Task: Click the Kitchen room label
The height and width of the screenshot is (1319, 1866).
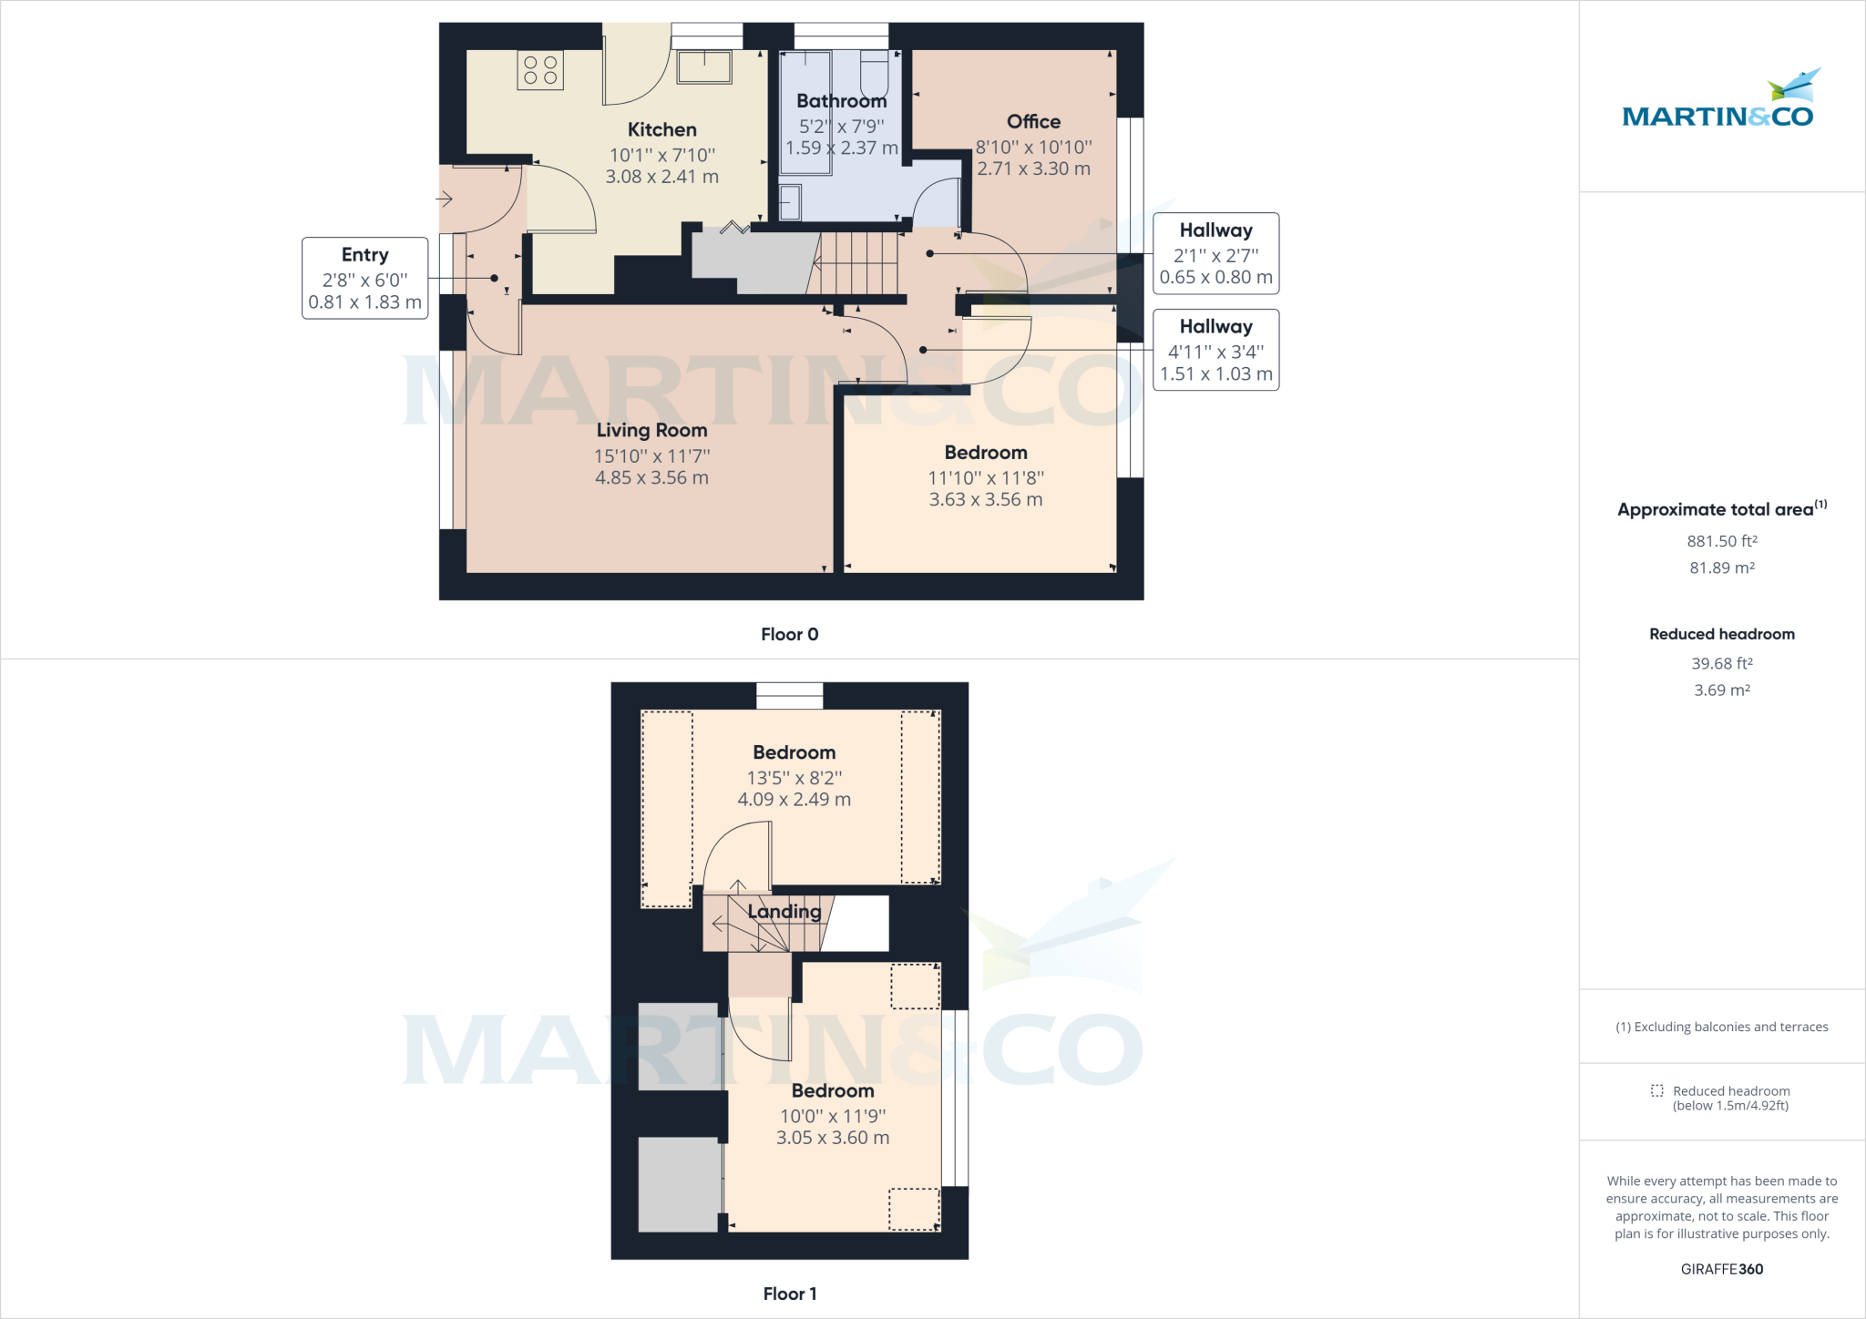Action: point(662,129)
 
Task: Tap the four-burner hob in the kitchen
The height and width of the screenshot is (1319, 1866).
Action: point(540,70)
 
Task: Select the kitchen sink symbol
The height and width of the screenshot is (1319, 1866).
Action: point(704,66)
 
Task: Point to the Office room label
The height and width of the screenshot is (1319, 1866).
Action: point(1033,121)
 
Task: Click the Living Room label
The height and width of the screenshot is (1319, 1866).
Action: point(651,430)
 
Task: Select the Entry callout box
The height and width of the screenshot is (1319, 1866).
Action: point(364,278)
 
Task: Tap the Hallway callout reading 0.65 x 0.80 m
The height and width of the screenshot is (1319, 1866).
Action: point(1215,253)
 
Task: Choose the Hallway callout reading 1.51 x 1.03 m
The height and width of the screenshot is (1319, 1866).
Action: point(1215,350)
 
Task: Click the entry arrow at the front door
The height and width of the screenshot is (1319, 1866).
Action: point(445,198)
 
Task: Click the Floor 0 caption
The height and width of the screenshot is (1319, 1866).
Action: point(790,634)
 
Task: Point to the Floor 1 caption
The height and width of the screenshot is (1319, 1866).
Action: point(790,1293)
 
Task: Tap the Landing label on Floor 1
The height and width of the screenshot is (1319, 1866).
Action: point(784,911)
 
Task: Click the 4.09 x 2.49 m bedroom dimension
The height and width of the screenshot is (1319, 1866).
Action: point(794,799)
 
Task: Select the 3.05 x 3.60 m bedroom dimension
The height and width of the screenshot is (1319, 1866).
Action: point(833,1137)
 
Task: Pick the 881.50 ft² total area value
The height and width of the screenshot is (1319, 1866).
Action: point(1722,541)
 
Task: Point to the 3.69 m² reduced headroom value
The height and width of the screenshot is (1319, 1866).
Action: point(1722,690)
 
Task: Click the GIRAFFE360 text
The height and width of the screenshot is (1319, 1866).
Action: point(1722,1269)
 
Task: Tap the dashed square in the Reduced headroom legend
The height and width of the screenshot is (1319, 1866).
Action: point(1656,1090)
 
